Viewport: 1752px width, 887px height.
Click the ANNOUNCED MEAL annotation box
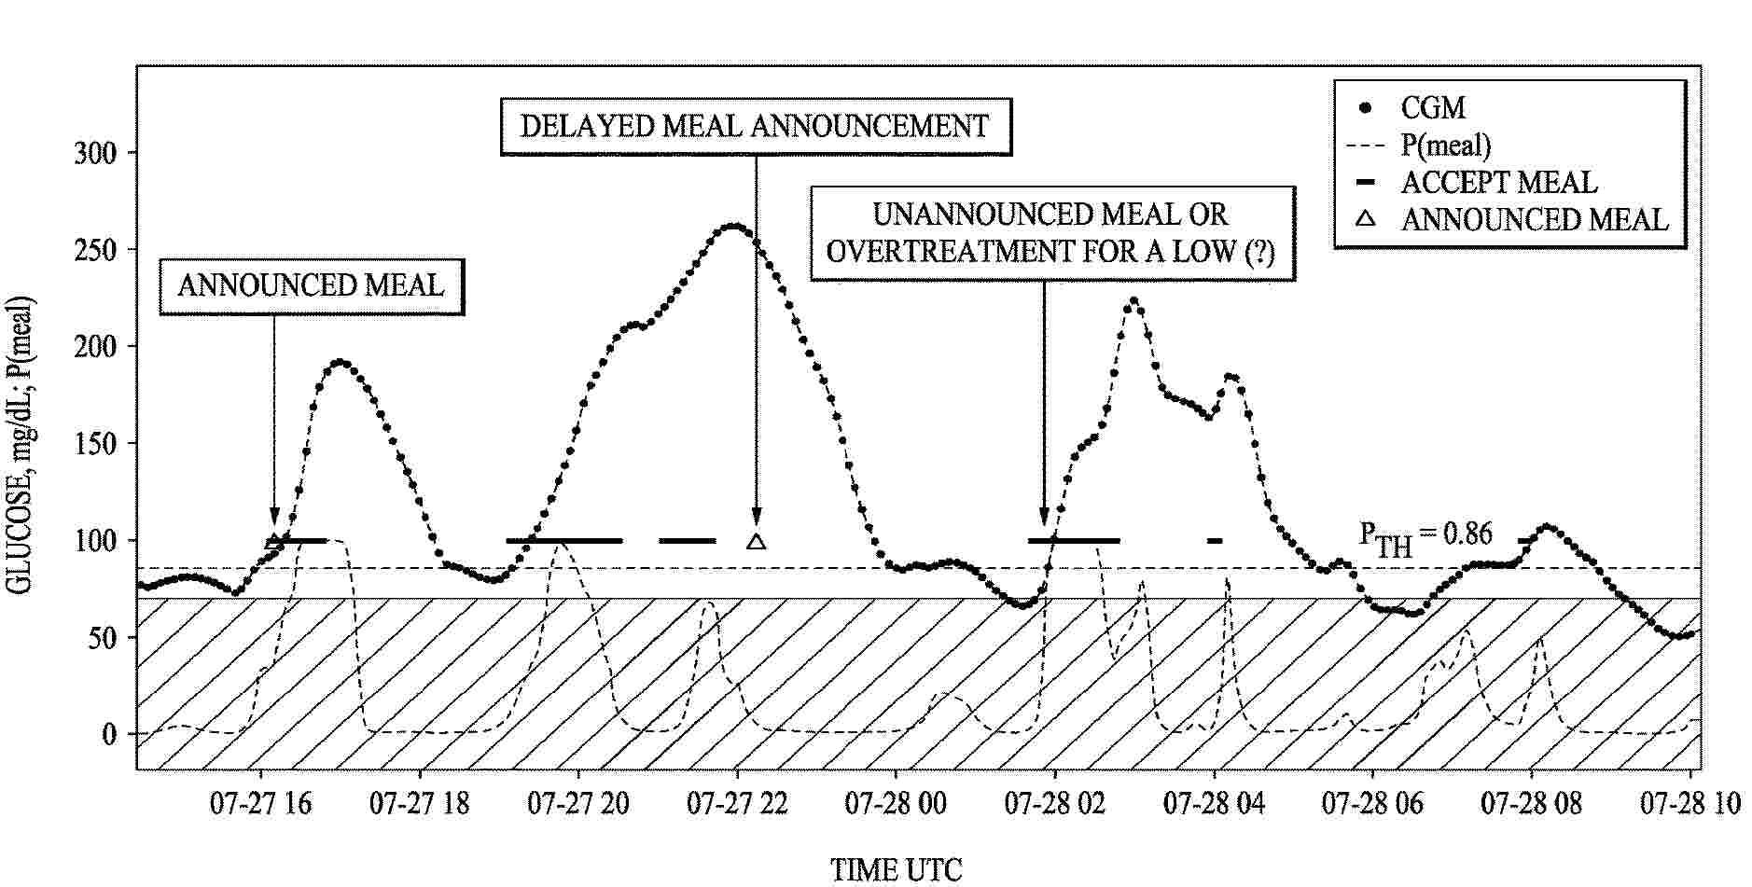(x=311, y=285)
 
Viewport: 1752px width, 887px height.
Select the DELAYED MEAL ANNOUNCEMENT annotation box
(x=755, y=126)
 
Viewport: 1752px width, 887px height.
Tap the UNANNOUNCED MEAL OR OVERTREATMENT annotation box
(x=1051, y=233)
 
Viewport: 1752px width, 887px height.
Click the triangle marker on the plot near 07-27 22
(x=757, y=541)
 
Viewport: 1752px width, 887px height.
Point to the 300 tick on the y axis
(x=96, y=153)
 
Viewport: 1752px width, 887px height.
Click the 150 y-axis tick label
(x=96, y=444)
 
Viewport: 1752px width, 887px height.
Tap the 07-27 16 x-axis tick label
(x=261, y=803)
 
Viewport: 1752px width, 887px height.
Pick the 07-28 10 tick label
(x=1689, y=803)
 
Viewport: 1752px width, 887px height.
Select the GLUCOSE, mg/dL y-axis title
(x=21, y=446)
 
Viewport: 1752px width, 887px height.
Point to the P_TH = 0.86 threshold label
(x=1425, y=536)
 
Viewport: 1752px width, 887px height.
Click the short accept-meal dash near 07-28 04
(x=1214, y=541)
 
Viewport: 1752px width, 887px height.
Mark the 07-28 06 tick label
(x=1372, y=803)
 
